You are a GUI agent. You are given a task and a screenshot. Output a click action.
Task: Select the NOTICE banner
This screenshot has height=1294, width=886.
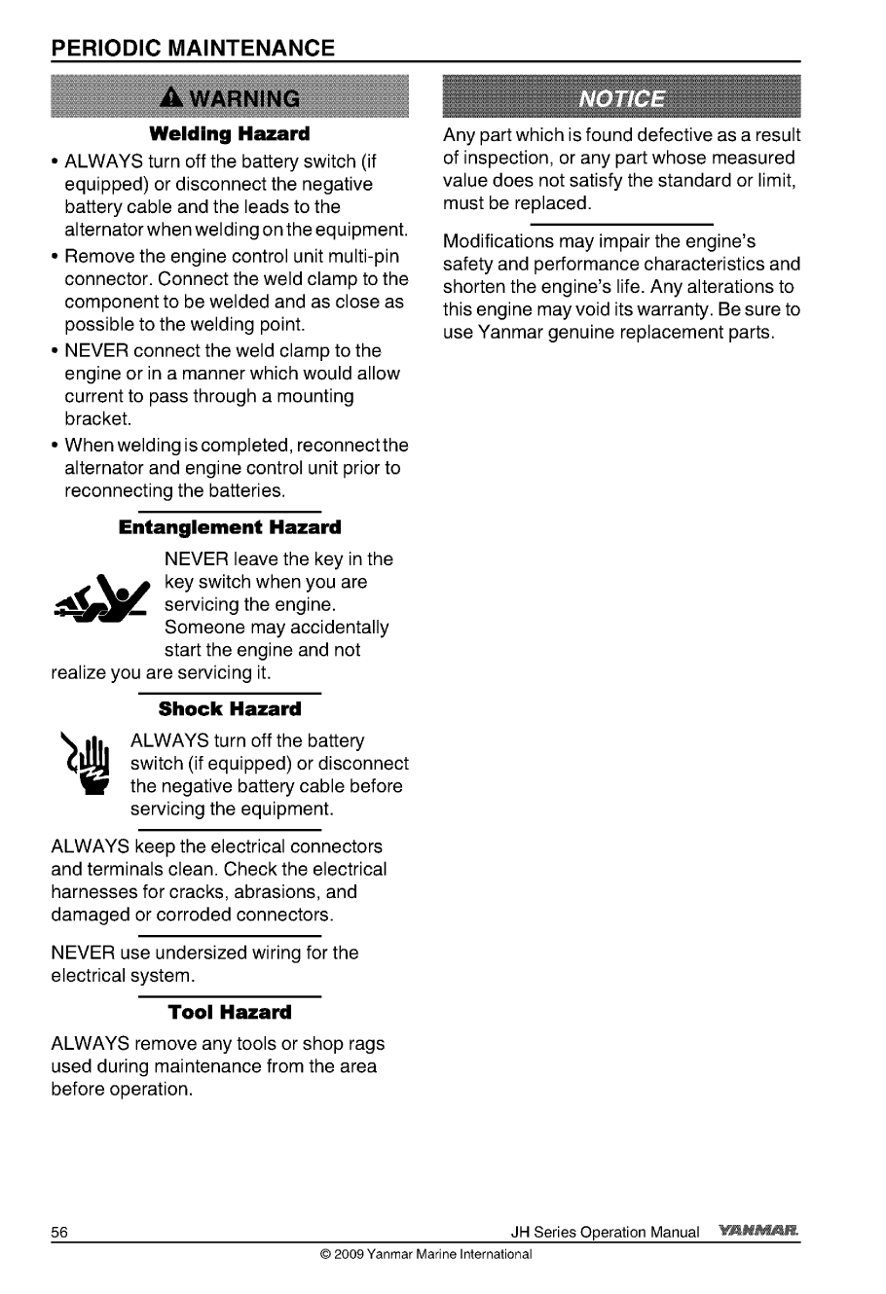tap(622, 99)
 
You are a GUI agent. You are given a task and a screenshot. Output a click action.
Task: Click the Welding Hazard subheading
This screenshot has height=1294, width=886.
tap(230, 132)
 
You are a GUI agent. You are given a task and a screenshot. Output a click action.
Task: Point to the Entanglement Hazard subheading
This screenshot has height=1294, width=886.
tap(230, 527)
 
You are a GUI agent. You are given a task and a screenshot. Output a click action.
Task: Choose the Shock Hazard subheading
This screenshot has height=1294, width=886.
tap(230, 709)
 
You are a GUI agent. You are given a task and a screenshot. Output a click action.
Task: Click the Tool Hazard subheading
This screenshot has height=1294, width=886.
tap(230, 1012)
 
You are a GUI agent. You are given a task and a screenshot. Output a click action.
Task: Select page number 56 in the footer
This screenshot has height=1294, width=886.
tap(59, 1232)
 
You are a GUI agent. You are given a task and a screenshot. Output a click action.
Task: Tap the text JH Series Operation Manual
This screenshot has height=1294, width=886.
tap(605, 1232)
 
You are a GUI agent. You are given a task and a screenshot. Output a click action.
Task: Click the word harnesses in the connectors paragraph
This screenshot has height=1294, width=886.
tap(92, 892)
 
